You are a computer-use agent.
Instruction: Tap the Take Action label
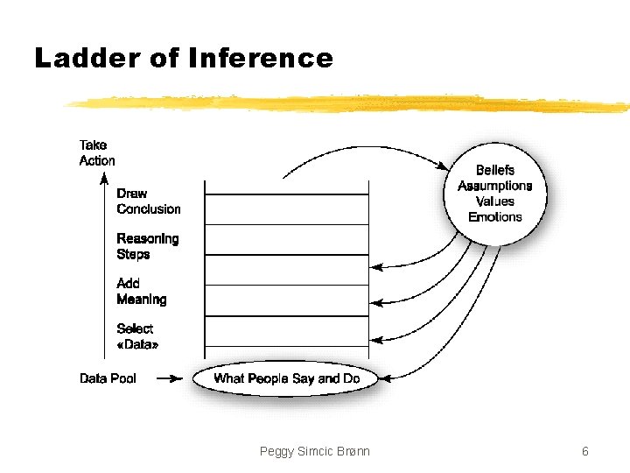[96, 153]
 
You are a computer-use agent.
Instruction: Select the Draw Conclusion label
[148, 201]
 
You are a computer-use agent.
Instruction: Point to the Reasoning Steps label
[147, 246]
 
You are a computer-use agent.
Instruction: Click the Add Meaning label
[141, 292]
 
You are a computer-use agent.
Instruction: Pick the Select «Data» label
[137, 336]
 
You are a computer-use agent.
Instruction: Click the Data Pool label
[108, 378]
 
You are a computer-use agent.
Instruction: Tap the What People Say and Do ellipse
[287, 378]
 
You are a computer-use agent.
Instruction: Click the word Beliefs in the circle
[495, 170]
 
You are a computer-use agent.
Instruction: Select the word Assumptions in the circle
[495, 186]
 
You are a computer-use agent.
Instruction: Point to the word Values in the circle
[495, 201]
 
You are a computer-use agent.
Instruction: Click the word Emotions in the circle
[495, 217]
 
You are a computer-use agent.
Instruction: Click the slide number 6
[584, 451]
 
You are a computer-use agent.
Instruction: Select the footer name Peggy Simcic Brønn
[315, 451]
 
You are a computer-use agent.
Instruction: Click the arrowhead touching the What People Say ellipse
[388, 378]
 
